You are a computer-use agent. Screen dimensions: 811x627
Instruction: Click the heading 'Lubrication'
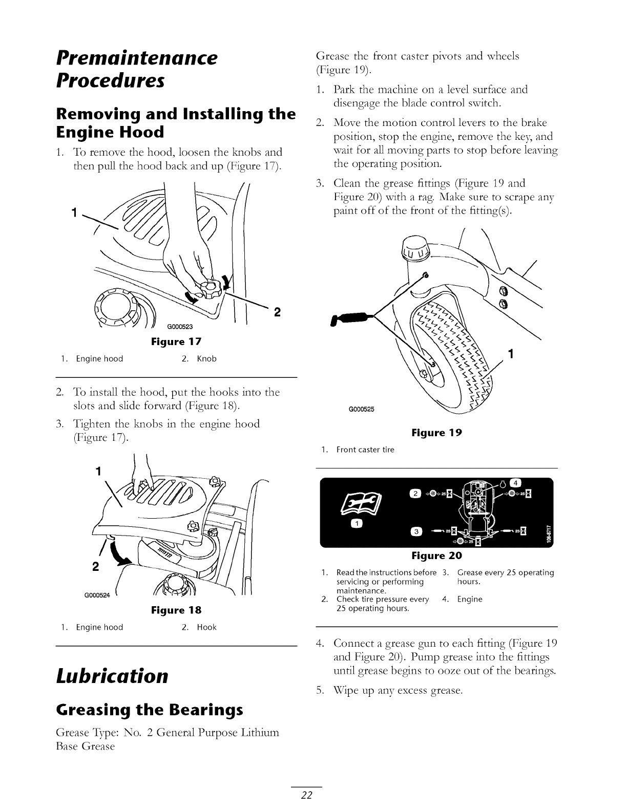[112, 676]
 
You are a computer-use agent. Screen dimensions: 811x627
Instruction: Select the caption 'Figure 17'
[176, 342]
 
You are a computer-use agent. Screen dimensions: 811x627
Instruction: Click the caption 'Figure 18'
[176, 610]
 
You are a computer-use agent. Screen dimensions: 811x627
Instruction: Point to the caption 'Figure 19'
[436, 433]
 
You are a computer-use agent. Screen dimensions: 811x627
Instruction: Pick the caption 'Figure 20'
[436, 556]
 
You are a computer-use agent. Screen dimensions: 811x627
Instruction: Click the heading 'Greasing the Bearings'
[149, 710]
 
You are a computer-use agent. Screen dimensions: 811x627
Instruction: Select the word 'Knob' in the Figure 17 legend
[207, 359]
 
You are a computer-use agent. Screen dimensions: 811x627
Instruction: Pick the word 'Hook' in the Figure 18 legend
[207, 627]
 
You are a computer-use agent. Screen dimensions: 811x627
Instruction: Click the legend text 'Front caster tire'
[365, 450]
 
